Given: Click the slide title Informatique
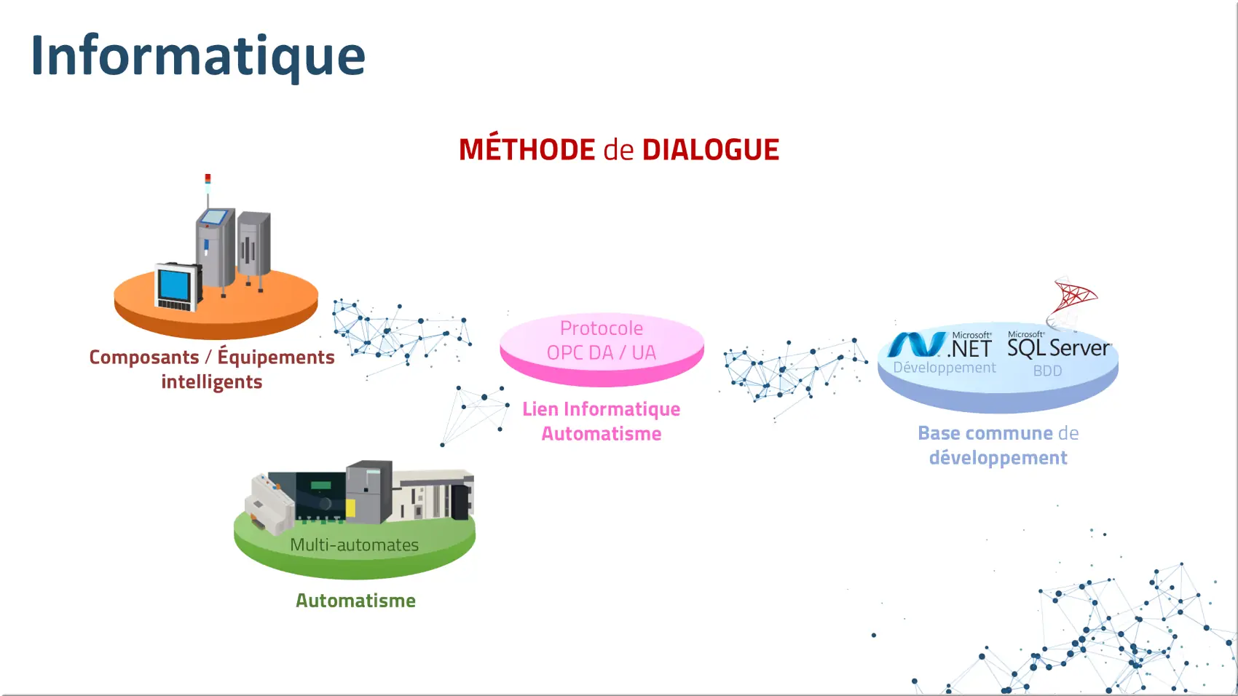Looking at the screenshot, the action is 198,56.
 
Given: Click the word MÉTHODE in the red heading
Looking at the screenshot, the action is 527,149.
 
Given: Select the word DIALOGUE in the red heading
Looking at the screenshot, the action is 711,150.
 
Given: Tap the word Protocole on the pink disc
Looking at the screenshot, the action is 602,328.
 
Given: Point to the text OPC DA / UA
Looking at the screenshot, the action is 602,352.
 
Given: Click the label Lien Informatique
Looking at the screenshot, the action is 602,408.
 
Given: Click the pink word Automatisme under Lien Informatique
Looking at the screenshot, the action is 602,434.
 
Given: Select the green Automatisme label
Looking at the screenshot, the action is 355,601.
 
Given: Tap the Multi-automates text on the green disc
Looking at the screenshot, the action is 354,545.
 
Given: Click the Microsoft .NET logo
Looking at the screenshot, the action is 939,344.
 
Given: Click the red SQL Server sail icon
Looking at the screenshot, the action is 1073,301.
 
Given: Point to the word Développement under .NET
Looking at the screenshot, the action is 945,368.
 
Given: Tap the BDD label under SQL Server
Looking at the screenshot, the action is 1047,371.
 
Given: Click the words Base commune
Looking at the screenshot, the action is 985,433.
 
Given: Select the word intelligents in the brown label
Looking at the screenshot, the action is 212,381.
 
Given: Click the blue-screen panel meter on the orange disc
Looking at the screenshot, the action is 178,288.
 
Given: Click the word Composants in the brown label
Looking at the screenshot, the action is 144,357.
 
